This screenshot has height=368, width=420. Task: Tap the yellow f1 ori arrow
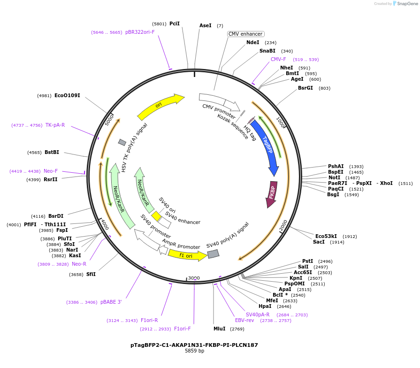186,255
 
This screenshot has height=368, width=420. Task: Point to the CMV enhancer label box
246,34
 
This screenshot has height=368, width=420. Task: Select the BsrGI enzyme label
305,88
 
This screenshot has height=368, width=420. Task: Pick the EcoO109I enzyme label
67,96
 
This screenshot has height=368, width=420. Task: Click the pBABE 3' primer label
111,302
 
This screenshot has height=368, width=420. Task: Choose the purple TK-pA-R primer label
55,125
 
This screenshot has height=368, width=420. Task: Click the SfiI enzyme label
91,275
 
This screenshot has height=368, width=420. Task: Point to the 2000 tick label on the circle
283,225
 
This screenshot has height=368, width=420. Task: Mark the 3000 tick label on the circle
194,278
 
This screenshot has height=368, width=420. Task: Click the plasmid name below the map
194,345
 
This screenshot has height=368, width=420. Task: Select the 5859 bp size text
194,351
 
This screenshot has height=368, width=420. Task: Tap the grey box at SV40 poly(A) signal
214,254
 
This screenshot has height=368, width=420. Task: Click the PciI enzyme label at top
174,23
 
